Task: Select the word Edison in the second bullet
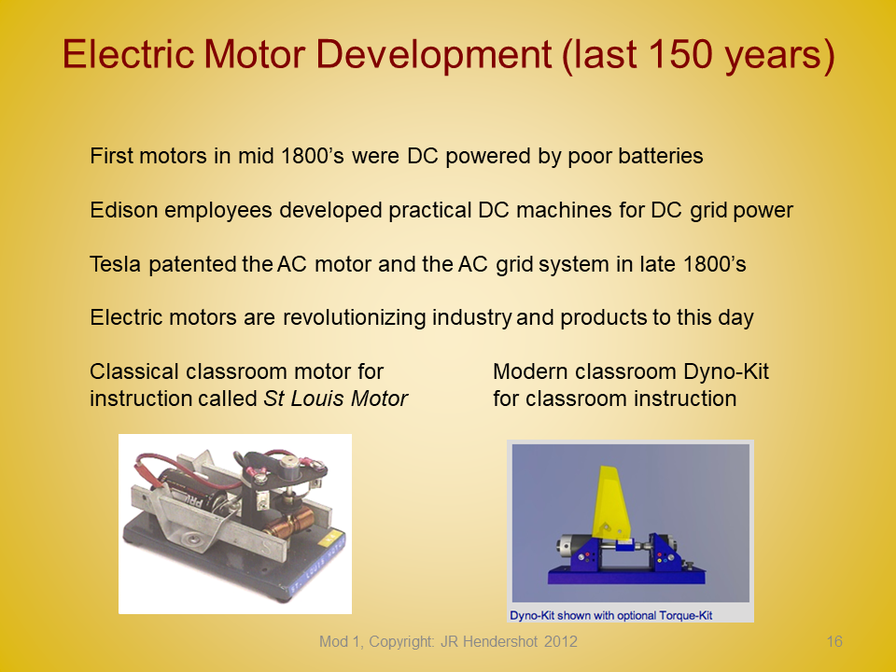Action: (x=124, y=210)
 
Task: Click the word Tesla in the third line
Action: (x=116, y=264)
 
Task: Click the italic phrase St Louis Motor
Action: (x=335, y=399)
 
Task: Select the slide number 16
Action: (x=834, y=641)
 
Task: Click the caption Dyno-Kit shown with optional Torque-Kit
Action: (x=610, y=615)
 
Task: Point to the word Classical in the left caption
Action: (x=133, y=371)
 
